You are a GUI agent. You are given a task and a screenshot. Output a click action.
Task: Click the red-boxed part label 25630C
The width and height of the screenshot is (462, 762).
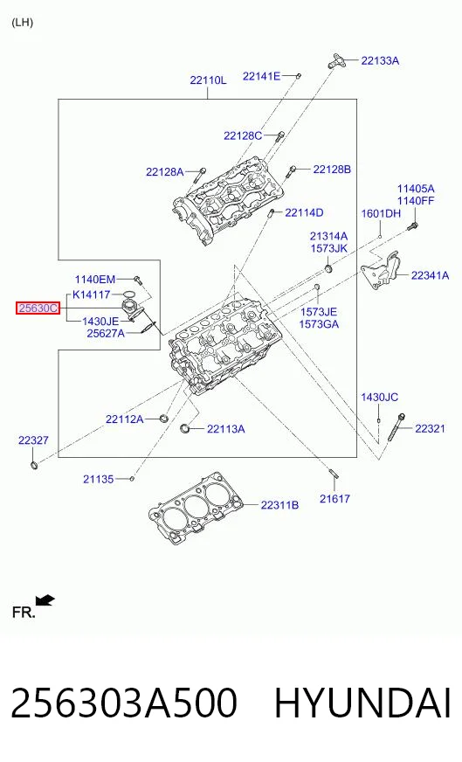tap(38, 308)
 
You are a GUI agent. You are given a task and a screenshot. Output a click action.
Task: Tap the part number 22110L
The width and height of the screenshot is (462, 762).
tap(208, 80)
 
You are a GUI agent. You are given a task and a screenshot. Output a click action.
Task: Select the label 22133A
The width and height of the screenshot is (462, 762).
tap(380, 60)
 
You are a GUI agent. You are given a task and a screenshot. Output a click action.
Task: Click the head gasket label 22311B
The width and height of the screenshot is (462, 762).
tap(279, 505)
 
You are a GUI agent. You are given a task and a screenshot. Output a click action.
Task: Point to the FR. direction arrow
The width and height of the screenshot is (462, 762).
tap(45, 601)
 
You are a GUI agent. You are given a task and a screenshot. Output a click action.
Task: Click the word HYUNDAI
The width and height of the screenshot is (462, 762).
tap(363, 703)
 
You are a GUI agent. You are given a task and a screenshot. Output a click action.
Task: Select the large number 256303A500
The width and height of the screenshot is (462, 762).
tap(124, 703)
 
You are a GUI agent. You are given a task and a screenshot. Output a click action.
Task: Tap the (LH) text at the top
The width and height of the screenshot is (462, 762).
tap(23, 23)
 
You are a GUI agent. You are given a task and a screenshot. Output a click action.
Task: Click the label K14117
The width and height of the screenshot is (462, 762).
tap(92, 294)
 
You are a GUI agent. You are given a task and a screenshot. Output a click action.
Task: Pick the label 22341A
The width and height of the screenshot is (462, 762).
tap(430, 275)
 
